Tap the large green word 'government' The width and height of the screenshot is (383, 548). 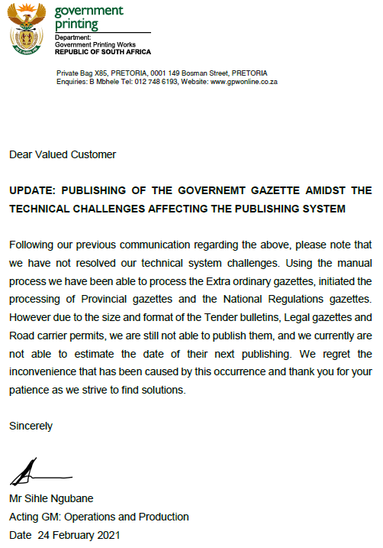click(89, 11)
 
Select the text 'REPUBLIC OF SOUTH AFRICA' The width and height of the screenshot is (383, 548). click(103, 52)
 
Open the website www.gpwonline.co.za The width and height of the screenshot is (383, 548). click(243, 81)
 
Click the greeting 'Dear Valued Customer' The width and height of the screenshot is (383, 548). click(63, 154)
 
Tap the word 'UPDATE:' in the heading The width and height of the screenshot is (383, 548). click(34, 190)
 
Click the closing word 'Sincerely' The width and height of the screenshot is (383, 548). click(31, 426)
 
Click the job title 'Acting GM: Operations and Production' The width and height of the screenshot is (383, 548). click(99, 517)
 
